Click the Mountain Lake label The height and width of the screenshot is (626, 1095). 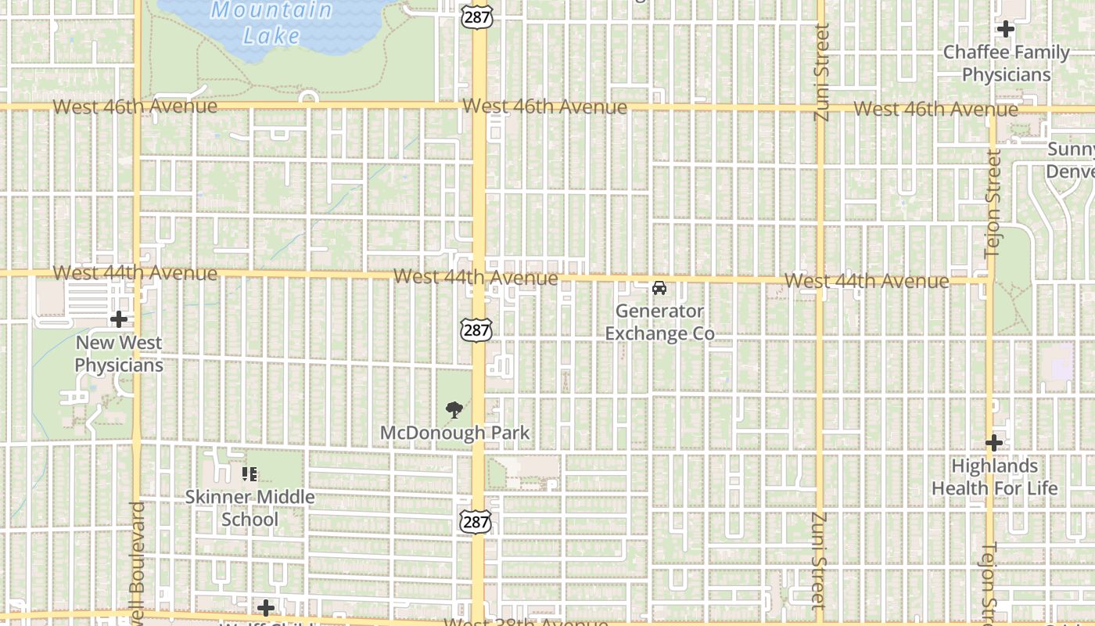point(271,23)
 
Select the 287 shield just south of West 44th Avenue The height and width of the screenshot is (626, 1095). point(476,329)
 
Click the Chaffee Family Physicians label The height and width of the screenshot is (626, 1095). point(1006,63)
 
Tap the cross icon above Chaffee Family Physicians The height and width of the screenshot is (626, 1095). point(1005,30)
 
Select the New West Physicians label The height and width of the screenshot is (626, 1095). point(119,354)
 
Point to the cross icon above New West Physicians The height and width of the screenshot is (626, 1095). point(119,319)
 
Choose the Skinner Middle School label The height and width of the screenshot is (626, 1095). point(250,508)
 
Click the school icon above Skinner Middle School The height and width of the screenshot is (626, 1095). point(250,473)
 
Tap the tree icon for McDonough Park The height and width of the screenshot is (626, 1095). point(454,409)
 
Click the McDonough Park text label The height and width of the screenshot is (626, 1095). point(454,433)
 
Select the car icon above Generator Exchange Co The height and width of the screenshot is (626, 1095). point(659,288)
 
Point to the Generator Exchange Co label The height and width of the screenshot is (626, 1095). point(659,322)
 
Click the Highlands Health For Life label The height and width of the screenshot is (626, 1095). point(994,477)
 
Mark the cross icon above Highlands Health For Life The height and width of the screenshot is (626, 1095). point(993,443)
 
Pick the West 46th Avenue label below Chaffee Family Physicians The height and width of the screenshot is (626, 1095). point(935,109)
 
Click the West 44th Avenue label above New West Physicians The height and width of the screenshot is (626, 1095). point(135,273)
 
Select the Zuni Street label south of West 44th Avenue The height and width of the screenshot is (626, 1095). point(819,560)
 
